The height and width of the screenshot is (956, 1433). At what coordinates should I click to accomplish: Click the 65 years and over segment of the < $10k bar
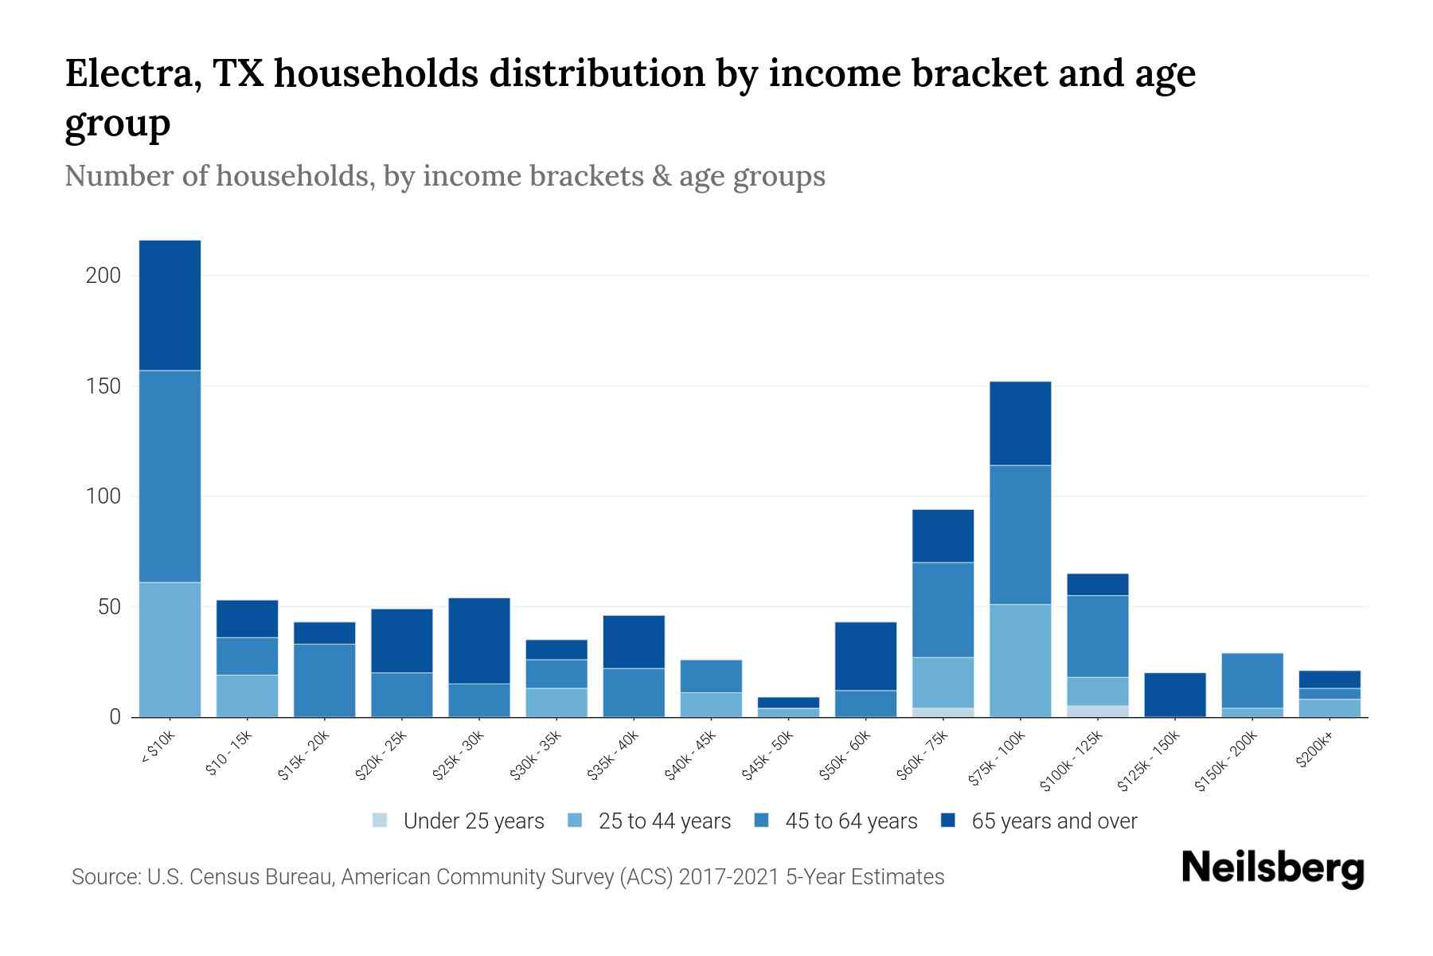pyautogui.click(x=170, y=305)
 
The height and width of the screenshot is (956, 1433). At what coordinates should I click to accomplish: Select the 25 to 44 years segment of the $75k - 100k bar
pyautogui.click(x=1020, y=660)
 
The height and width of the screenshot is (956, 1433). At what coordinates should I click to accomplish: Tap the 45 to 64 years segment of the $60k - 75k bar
pyautogui.click(x=943, y=609)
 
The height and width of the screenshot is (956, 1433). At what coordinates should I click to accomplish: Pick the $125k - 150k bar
pyautogui.click(x=1174, y=695)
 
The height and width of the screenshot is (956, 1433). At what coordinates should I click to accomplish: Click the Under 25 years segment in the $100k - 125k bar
pyautogui.click(x=1098, y=711)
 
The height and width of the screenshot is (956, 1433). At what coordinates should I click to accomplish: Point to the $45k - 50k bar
pyautogui.click(x=788, y=707)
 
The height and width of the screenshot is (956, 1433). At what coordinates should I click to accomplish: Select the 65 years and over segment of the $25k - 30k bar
pyautogui.click(x=479, y=641)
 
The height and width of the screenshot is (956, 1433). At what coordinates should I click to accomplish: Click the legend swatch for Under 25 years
pyautogui.click(x=381, y=821)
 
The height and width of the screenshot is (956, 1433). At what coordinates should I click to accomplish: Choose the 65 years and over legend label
pyautogui.click(x=1054, y=821)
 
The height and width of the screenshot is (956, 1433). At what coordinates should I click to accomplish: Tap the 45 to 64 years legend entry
pyautogui.click(x=850, y=821)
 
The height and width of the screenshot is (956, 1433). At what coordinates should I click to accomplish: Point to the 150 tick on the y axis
pyautogui.click(x=103, y=386)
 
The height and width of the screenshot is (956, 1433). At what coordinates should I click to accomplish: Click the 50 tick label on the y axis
pyautogui.click(x=109, y=607)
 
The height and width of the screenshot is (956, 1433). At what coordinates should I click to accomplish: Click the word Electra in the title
pyautogui.click(x=126, y=74)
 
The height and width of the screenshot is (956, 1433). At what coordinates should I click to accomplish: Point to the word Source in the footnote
pyautogui.click(x=104, y=877)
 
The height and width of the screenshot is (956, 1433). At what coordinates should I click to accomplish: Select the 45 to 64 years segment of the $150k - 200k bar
pyautogui.click(x=1251, y=680)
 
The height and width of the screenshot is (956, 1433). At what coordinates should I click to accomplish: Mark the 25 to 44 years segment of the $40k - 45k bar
pyautogui.click(x=711, y=704)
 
